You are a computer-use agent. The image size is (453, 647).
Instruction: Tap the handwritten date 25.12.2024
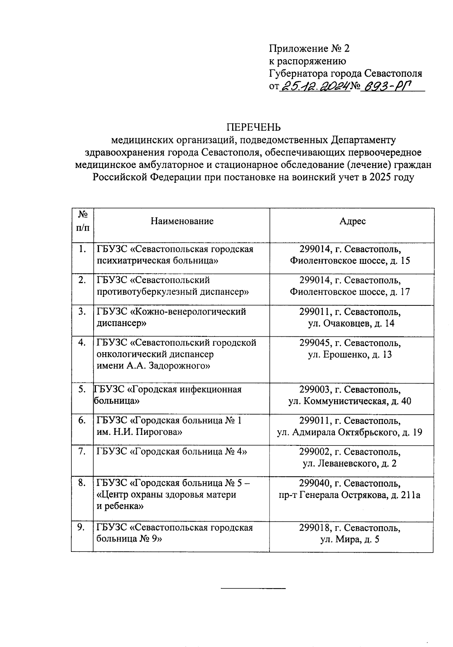click(314, 86)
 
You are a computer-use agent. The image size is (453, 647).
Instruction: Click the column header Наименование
click(182, 221)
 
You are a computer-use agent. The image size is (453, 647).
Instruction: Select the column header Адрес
click(352, 221)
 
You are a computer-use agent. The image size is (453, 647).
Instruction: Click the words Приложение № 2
click(310, 48)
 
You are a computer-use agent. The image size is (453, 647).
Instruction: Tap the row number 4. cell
click(82, 342)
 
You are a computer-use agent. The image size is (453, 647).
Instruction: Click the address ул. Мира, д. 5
click(350, 539)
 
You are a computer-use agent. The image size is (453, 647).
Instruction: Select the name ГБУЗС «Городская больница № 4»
click(172, 451)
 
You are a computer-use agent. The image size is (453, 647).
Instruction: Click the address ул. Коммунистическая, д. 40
click(350, 401)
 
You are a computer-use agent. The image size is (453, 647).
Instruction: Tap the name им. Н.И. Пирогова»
click(139, 432)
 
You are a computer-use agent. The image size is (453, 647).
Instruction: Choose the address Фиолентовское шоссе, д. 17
click(350, 292)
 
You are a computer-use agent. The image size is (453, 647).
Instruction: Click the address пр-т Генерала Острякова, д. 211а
click(350, 495)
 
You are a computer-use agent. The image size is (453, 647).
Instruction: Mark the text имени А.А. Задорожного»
click(153, 366)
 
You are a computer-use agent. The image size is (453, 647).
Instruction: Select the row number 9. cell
click(81, 527)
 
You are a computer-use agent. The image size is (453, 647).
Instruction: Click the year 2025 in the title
click(382, 177)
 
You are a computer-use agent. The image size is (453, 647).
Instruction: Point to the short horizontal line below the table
click(253, 588)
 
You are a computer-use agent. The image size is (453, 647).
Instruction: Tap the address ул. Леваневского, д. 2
click(350, 464)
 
